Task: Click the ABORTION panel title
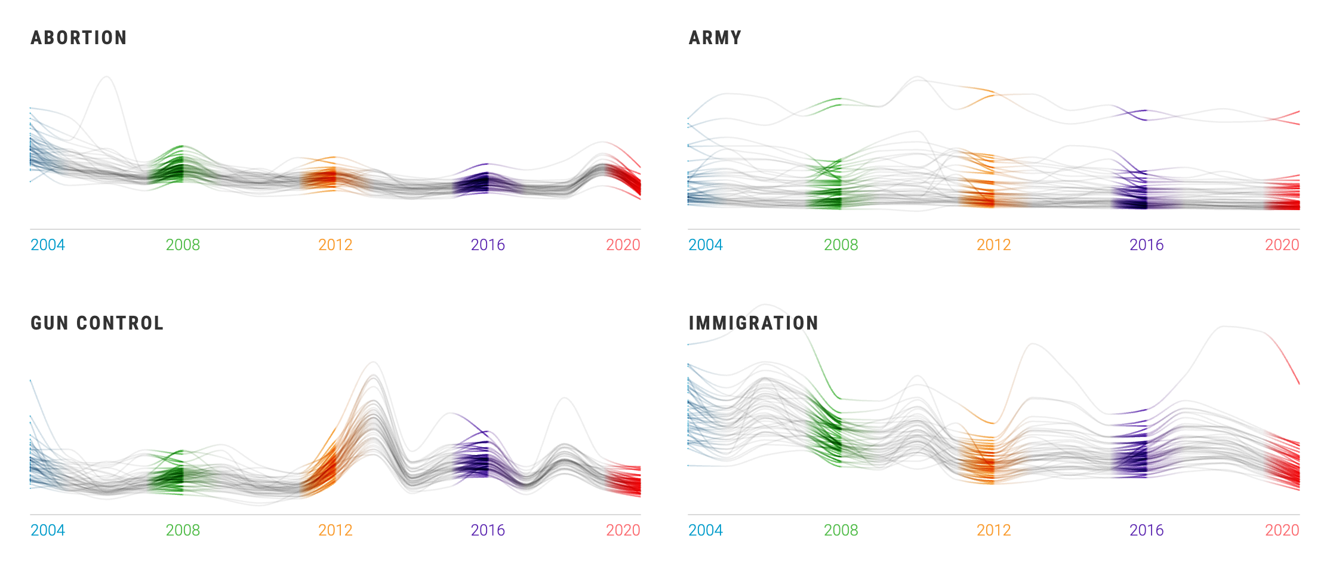[79, 38]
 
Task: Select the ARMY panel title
[715, 38]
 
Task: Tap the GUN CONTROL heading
[97, 323]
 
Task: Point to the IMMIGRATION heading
[753, 323]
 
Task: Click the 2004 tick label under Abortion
[48, 245]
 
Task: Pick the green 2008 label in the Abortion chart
[183, 245]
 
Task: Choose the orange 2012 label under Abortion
[335, 245]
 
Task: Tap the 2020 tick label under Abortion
[623, 245]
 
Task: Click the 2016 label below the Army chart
[1146, 245]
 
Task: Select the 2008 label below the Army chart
[841, 245]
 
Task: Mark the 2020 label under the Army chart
[1282, 245]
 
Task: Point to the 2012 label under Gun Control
[335, 530]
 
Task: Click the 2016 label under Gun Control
[488, 530]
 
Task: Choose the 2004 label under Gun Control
[48, 530]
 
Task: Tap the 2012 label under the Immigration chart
[993, 530]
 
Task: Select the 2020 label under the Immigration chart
[1282, 530]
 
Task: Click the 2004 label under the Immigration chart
[706, 530]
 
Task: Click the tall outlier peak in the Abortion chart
[107, 77]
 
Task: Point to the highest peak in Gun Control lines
[373, 362]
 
